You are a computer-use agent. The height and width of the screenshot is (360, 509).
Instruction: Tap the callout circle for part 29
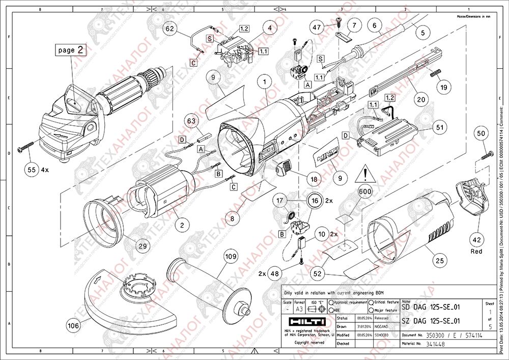pos(143,245)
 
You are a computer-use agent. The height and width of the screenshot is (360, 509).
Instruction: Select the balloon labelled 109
pos(231,256)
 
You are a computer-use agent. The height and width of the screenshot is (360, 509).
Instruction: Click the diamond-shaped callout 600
pos(364,191)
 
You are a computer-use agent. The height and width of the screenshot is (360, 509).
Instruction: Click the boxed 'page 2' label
pos(70,50)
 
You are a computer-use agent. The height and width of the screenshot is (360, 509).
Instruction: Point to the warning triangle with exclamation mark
pos(365,175)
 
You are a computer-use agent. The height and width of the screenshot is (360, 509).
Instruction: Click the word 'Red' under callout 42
pos(476,251)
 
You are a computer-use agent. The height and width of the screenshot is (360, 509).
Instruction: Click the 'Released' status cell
pos(381,318)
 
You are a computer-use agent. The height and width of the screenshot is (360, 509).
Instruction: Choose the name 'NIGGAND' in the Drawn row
pos(382,326)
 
